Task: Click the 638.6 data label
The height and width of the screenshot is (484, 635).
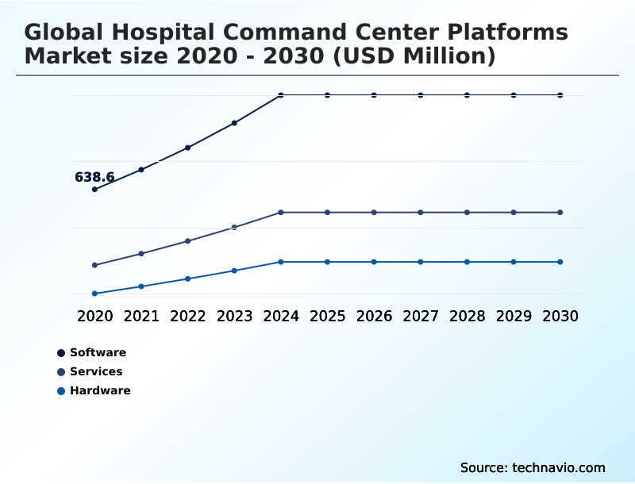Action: pos(94,177)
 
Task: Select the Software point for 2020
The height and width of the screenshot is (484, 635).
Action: pos(94,189)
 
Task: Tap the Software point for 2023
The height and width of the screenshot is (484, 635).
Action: pos(234,123)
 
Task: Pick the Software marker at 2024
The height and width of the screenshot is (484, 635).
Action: pos(281,95)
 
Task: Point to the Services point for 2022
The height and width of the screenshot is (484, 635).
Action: pos(188,241)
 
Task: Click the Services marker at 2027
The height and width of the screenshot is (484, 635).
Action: pos(421,213)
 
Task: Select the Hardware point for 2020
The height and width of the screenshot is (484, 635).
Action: pos(94,294)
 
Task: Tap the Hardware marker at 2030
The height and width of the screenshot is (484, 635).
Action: pos(560,263)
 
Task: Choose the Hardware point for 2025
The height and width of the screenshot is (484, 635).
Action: pos(328,263)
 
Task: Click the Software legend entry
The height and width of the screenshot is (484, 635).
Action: pos(92,352)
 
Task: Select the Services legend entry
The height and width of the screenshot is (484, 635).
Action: pos(90,371)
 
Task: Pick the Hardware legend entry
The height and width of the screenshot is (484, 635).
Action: pos(94,390)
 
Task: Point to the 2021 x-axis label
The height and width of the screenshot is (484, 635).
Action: pos(141,316)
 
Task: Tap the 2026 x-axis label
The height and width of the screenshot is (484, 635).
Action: pos(374,316)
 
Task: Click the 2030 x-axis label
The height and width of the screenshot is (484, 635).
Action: pos(560,316)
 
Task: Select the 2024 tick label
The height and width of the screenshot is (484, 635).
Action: pos(281,316)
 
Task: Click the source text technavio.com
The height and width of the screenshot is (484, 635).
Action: pos(559,468)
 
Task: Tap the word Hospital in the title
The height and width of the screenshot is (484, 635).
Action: pos(163,33)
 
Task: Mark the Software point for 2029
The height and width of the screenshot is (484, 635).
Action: pos(514,95)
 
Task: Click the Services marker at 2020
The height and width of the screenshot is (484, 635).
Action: pos(94,265)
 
